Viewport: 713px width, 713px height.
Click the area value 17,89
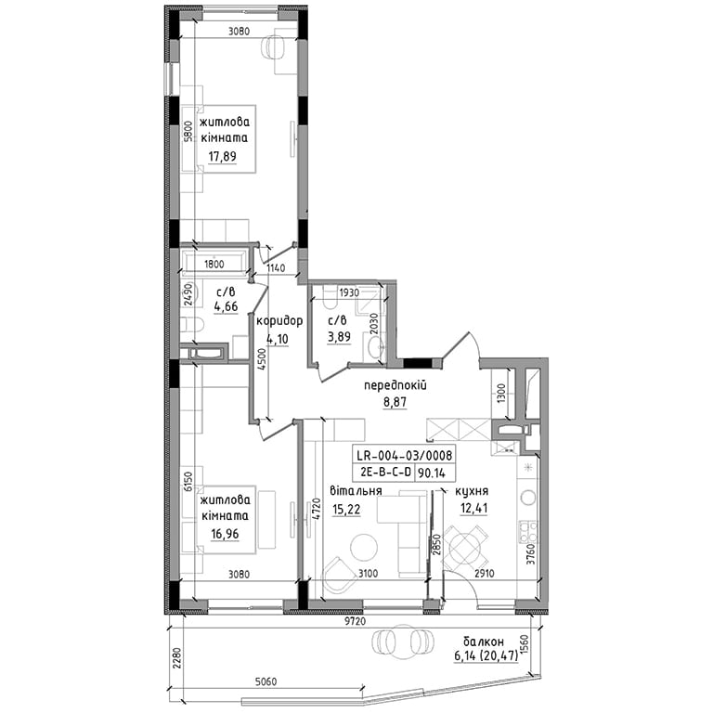223,156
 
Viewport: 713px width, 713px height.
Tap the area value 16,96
225,534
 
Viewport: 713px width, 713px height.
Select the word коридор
279,321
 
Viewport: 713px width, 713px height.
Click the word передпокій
395,385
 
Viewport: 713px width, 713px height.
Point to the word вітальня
356,490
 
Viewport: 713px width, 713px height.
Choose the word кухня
472,491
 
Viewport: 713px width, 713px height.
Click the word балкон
484,642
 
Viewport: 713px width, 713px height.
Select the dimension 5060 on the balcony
266,682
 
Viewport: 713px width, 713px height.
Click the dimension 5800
188,132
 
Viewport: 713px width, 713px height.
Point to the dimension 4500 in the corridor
261,361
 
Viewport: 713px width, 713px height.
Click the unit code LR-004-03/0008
404,455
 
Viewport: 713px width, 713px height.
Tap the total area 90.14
431,473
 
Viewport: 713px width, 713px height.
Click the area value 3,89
339,338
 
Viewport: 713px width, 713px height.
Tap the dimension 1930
349,292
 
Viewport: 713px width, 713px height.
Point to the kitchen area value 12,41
473,508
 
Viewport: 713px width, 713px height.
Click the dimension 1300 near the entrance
501,394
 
